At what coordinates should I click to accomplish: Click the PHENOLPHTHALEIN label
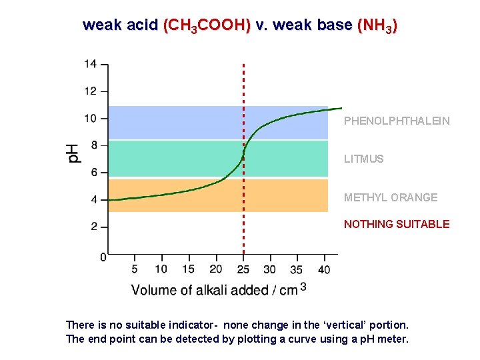[397, 121]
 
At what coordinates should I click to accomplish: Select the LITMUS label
[363, 159]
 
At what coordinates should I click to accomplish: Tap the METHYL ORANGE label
[391, 197]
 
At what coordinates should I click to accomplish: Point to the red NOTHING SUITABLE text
[397, 224]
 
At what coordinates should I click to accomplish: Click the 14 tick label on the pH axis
[90, 64]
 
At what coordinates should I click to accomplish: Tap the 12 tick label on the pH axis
[90, 91]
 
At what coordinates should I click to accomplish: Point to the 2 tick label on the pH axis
[93, 227]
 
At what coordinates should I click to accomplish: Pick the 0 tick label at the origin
[102, 257]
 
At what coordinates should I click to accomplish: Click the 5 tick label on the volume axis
[135, 269]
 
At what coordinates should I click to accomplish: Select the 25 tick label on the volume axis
[243, 269]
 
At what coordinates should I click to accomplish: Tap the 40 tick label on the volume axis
[324, 269]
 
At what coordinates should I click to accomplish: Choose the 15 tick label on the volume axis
[189, 269]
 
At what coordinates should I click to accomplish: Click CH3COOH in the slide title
[207, 25]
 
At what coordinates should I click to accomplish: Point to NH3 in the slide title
[377, 25]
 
